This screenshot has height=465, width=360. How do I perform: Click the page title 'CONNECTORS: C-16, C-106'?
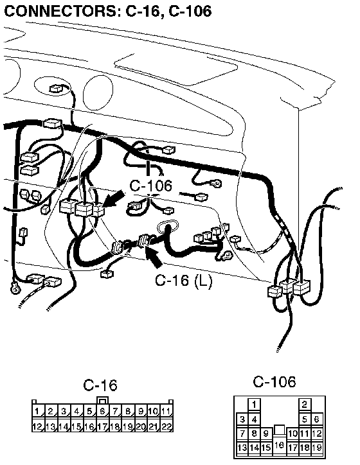108,11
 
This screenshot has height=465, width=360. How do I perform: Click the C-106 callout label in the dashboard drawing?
151,186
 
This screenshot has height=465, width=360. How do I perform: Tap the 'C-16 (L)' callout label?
184,280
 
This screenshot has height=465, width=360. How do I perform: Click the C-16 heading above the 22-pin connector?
100,385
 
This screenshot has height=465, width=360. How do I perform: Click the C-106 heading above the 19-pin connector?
274,382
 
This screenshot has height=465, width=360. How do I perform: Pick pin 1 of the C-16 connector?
38,411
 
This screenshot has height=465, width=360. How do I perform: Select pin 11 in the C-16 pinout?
166,411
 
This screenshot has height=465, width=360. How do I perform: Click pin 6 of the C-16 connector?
102,411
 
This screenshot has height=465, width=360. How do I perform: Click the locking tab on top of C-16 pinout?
103,400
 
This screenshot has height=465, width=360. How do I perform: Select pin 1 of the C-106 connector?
254,404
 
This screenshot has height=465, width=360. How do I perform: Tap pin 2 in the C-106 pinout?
305,404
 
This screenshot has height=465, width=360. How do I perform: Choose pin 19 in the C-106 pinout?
317,447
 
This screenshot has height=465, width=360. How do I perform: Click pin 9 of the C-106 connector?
265,434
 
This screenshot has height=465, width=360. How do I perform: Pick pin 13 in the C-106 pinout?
242,447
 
